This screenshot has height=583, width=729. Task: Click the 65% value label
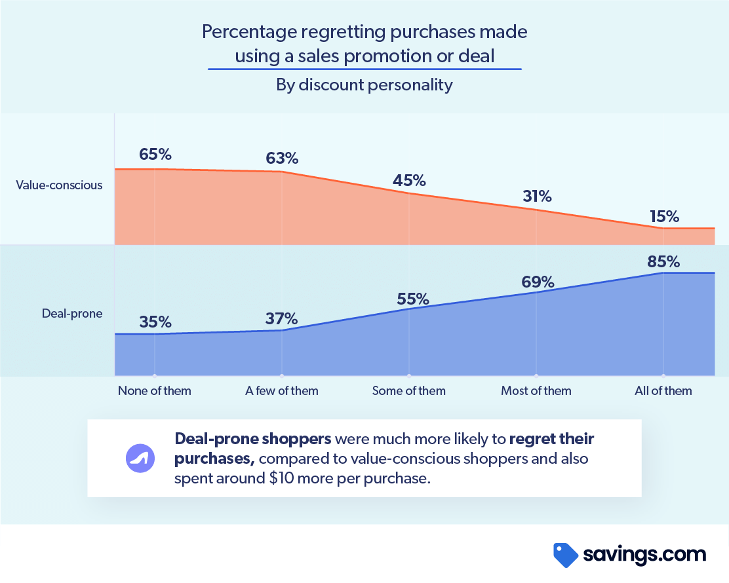click(x=155, y=155)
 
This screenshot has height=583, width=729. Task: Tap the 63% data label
click(x=282, y=158)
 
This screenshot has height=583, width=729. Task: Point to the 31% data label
click(x=536, y=196)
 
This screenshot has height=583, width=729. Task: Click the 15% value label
click(x=663, y=216)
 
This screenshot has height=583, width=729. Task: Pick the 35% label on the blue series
click(x=155, y=322)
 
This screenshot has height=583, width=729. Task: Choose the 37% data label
click(x=282, y=318)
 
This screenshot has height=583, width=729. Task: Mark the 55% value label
click(x=413, y=299)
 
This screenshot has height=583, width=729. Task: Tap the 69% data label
click(x=539, y=282)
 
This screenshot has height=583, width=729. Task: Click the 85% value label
click(x=663, y=261)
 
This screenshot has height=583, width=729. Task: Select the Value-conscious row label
click(x=59, y=185)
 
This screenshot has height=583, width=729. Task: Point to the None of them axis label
click(x=155, y=391)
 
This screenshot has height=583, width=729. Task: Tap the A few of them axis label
click(x=282, y=391)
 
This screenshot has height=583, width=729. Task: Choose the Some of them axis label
click(x=409, y=391)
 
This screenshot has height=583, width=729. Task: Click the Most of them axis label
click(x=536, y=391)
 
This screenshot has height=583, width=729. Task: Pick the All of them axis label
click(x=663, y=391)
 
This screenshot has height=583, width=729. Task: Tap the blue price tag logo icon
click(x=565, y=555)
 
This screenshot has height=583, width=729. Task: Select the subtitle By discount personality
click(x=364, y=85)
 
